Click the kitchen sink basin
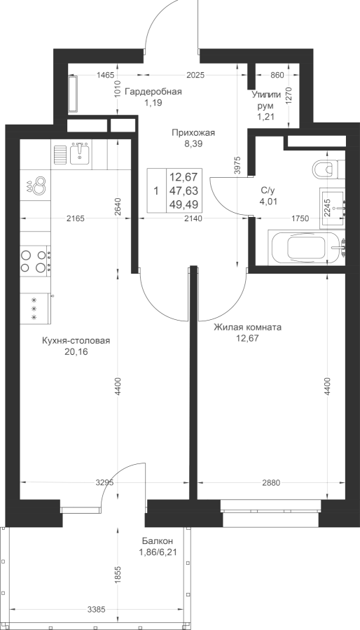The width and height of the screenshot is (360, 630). [x=81, y=155]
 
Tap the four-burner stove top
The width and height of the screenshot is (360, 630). [x=34, y=261]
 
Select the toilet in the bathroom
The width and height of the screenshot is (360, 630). [x=328, y=169]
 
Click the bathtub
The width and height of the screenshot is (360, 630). [x=306, y=248]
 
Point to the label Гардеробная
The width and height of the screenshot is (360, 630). [x=153, y=92]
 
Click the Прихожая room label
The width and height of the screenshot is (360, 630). [x=193, y=132]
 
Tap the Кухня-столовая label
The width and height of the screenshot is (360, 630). [x=76, y=341]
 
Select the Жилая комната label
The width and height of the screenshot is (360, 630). [x=247, y=328]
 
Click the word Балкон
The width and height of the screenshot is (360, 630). [x=157, y=541]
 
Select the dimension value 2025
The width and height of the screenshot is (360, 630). [x=195, y=75]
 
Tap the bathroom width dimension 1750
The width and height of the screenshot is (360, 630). [x=300, y=218]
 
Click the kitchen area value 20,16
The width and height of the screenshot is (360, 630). [x=76, y=352]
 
